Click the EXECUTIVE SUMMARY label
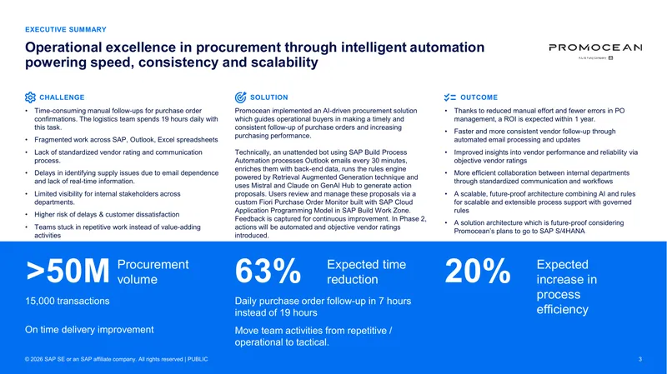click(66, 29)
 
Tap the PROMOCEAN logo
click(595, 50)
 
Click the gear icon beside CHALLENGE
click(30, 97)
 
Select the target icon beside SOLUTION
click(240, 97)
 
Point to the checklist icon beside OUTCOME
click(450, 97)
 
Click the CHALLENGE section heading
click(62, 97)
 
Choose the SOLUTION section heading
click(268, 97)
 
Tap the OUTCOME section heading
click(479, 97)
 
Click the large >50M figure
click(68, 272)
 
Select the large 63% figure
click(268, 272)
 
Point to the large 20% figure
click(477, 272)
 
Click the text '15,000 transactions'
click(68, 301)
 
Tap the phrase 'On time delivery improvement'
click(89, 330)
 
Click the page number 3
click(640, 359)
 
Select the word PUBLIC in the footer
click(198, 359)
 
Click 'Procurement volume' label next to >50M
click(153, 272)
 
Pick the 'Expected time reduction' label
click(366, 272)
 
